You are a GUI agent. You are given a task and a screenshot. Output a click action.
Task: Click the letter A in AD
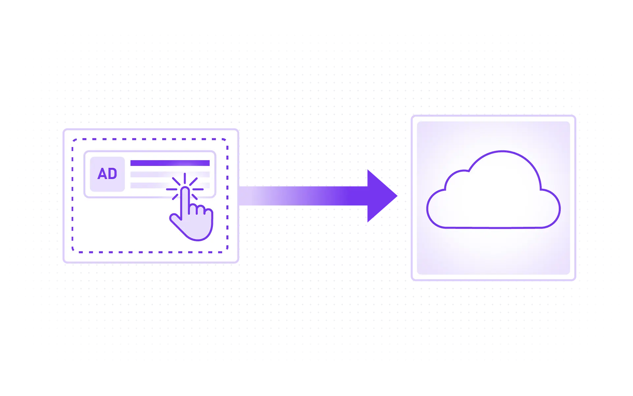coord(102,174)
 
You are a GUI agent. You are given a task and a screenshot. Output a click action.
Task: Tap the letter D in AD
coord(112,174)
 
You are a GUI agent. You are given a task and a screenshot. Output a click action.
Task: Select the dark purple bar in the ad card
coord(170,163)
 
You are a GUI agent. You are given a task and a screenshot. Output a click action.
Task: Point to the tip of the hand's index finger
coord(185,189)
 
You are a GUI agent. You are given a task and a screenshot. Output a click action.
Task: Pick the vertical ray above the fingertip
coord(185,178)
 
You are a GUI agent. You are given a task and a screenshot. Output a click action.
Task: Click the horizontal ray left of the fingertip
coord(171,189)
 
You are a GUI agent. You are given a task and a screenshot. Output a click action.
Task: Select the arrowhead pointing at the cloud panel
coord(382,197)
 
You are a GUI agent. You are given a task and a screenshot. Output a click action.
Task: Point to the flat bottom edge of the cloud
coord(495,228)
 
